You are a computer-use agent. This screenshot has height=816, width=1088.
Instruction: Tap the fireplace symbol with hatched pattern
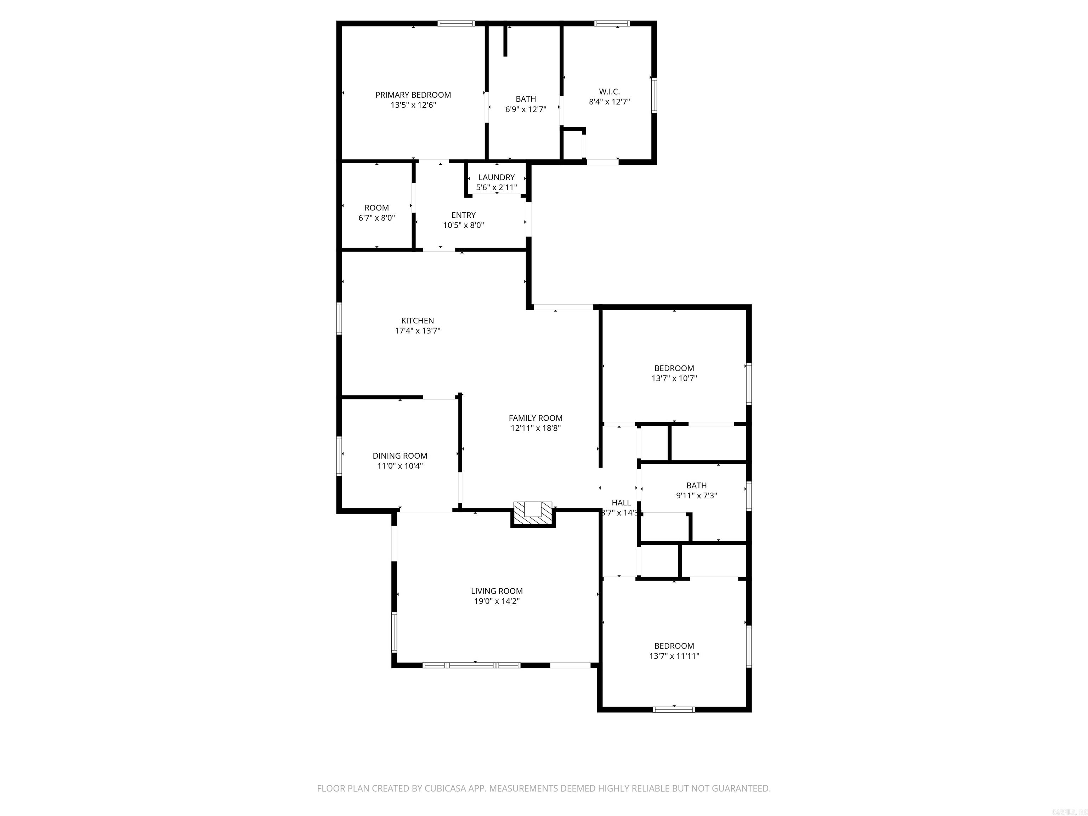pyautogui.click(x=533, y=514)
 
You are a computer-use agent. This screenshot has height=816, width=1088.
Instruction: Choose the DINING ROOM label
pyautogui.click(x=399, y=456)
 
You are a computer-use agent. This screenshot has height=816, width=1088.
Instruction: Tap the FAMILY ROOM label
pyautogui.click(x=535, y=418)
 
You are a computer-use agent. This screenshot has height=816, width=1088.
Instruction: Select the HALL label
pyautogui.click(x=621, y=503)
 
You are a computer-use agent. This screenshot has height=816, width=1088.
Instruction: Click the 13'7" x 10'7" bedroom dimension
pyautogui.click(x=674, y=378)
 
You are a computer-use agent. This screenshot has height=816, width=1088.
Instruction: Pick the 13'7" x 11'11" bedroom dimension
pyautogui.click(x=674, y=656)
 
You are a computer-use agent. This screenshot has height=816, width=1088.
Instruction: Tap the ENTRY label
pyautogui.click(x=463, y=215)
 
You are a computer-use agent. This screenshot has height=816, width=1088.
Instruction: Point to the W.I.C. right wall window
pyautogui.click(x=654, y=95)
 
